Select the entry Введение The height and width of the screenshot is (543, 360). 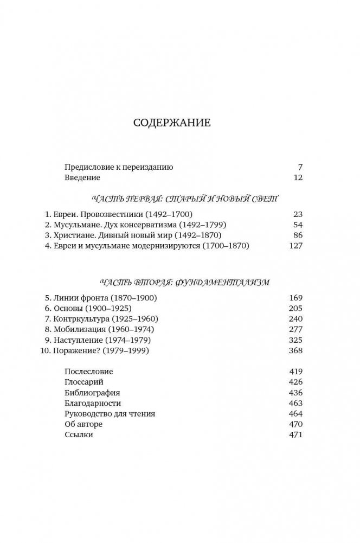point(82,177)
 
